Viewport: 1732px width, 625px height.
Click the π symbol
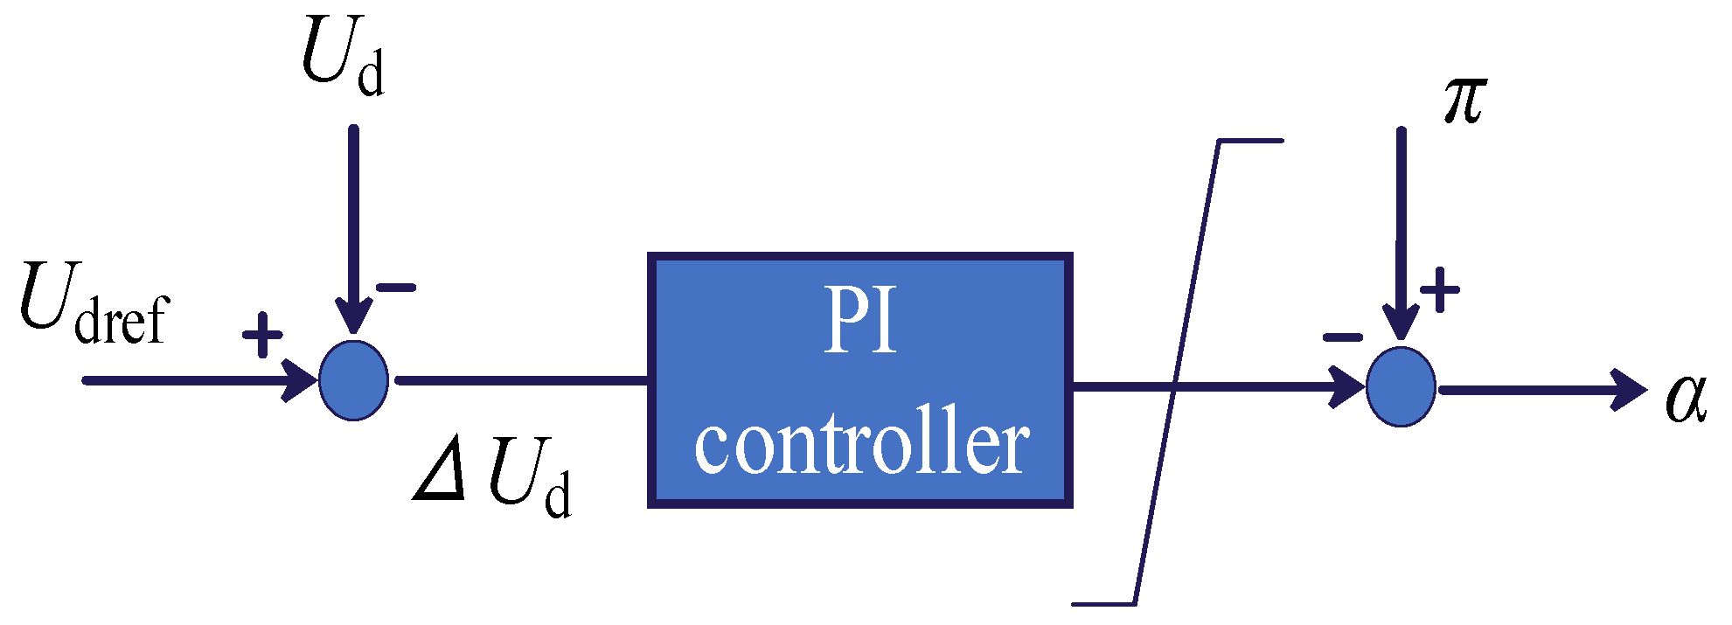click(1464, 101)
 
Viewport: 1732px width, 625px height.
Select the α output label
click(1686, 398)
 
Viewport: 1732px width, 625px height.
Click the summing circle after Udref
click(353, 380)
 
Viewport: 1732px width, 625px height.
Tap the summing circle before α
click(1401, 386)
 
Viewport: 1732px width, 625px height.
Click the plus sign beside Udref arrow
click(262, 335)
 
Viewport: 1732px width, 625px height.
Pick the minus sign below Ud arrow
click(396, 287)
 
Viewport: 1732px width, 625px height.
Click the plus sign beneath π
click(1439, 289)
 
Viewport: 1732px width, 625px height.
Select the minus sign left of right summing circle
click(1342, 337)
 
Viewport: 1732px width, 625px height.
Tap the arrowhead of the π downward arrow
click(1401, 323)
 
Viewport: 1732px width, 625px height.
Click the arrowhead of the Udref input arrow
click(300, 380)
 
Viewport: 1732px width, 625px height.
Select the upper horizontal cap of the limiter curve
click(1250, 141)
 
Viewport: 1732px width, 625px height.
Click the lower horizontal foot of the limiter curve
click(1103, 603)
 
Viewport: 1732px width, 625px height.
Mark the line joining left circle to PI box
click(521, 380)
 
